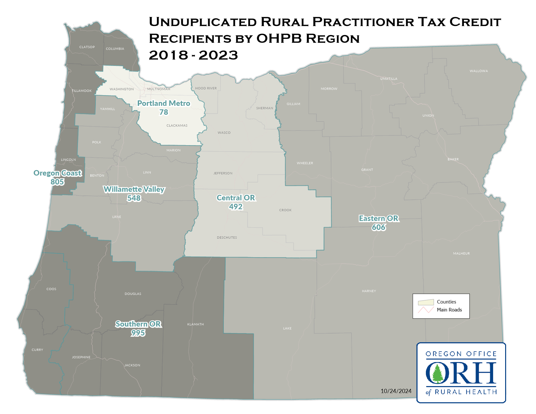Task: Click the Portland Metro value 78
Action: tap(164, 112)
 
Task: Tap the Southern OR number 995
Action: tap(138, 333)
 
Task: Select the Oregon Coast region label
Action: tap(57, 173)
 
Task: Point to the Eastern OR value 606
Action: tap(379, 227)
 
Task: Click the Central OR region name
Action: tap(236, 198)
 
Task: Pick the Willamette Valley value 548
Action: tap(134, 198)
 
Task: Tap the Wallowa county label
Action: tap(479, 71)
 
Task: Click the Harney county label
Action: tap(369, 291)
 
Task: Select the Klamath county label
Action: tap(196, 324)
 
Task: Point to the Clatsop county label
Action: tap(87, 47)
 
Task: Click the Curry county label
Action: tap(37, 350)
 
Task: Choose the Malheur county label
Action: tap(461, 253)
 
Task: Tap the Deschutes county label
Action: tap(227, 238)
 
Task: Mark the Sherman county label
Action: tap(264, 108)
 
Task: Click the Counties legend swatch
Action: tap(426, 302)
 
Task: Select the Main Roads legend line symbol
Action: tap(426, 310)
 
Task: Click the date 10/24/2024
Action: tap(396, 391)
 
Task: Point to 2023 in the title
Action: tap(218, 56)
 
